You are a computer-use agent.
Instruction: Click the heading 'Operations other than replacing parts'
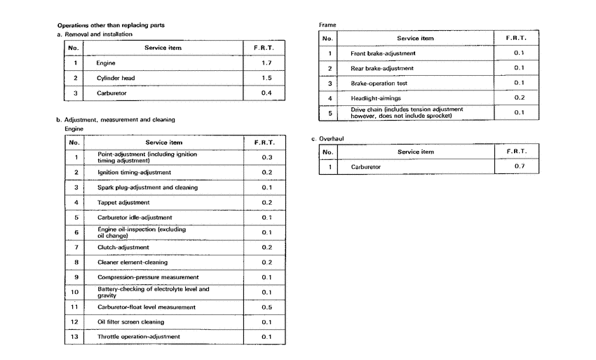pos(111,25)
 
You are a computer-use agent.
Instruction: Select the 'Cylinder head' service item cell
pos(116,77)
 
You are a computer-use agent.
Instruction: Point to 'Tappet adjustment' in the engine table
pos(123,202)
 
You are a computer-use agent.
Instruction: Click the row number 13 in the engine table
pos(74,337)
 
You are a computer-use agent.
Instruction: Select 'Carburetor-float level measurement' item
pos(146,307)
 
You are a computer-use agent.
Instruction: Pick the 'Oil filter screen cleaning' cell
pos(130,322)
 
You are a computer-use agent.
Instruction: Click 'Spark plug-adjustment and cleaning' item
pos(147,187)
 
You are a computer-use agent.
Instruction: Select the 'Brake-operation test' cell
pos(379,83)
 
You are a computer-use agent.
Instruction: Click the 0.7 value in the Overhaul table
pos(518,167)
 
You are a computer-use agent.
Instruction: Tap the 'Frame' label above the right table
pos(327,25)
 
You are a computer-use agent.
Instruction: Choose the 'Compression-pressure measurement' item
pos(148,277)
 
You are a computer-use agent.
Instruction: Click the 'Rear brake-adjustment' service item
pos(381,68)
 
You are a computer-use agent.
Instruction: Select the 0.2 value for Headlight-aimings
pos(518,98)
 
